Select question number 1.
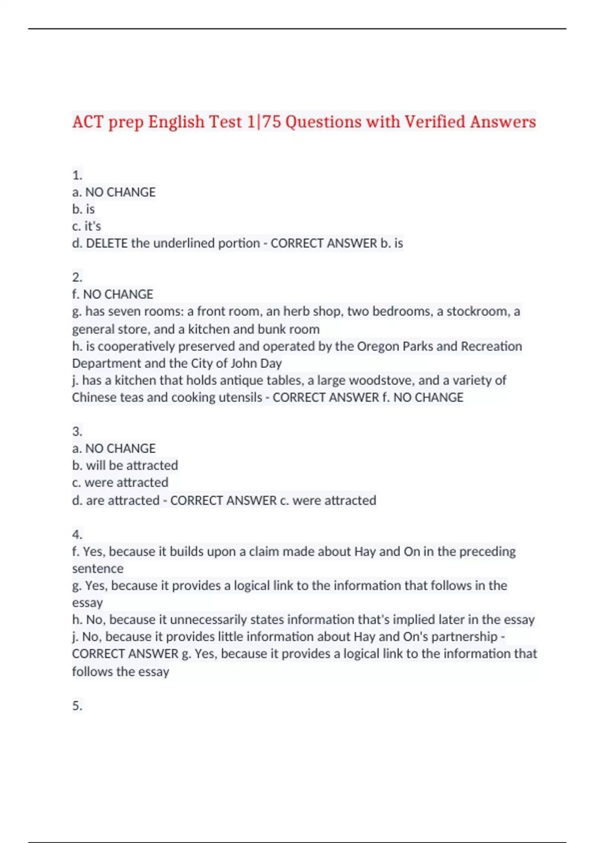tap(77, 175)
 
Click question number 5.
tap(77, 705)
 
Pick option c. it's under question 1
tap(87, 226)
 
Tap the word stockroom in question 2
tap(478, 311)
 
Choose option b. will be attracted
tap(125, 465)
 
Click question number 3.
tap(77, 431)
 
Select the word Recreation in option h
tap(491, 346)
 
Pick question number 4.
tap(77, 535)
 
